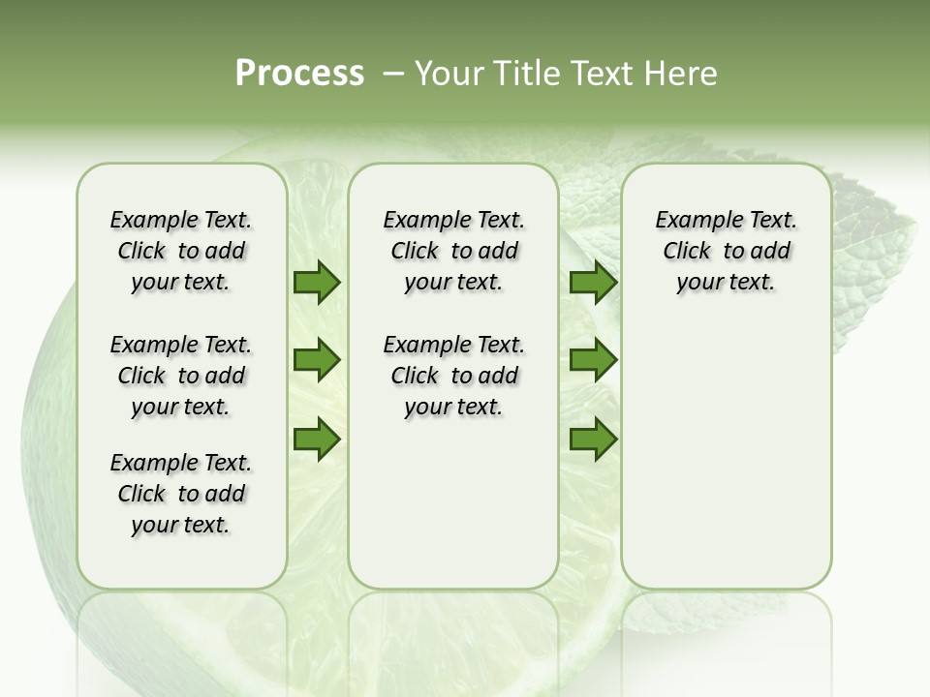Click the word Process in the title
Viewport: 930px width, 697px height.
[x=299, y=74]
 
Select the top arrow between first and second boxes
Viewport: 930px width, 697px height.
[x=317, y=283]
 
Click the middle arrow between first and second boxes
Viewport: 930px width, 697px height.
[x=317, y=361]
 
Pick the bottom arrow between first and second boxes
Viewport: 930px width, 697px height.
[x=317, y=439]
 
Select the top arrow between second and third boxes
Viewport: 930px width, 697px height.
[x=593, y=283]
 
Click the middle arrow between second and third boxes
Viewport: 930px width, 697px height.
[x=593, y=361]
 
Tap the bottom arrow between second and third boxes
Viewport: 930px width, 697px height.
[x=593, y=439]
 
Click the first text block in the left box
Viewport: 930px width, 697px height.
[x=181, y=251]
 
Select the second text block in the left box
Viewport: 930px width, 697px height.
[x=181, y=376]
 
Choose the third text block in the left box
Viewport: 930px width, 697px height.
[x=181, y=494]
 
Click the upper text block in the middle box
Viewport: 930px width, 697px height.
[x=453, y=251]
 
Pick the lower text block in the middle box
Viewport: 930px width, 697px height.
[x=453, y=376]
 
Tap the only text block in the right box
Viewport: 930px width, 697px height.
[x=726, y=251]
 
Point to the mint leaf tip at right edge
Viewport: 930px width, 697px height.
[x=911, y=223]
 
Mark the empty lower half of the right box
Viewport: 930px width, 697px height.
[x=726, y=465]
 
